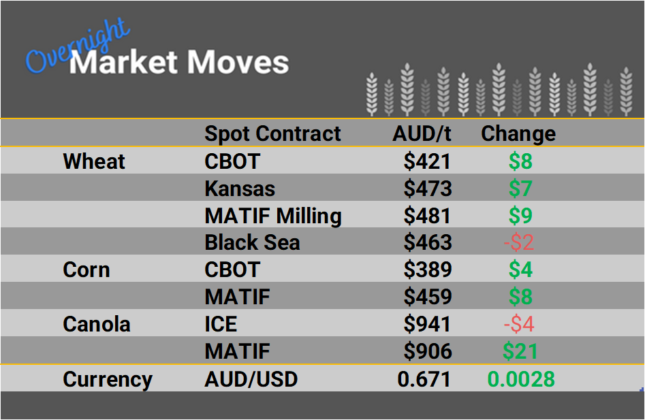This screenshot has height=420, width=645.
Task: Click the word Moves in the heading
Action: (x=238, y=63)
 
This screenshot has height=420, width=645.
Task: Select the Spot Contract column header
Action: (x=272, y=133)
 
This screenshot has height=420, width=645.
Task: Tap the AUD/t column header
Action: (x=422, y=133)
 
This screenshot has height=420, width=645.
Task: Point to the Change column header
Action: (x=518, y=133)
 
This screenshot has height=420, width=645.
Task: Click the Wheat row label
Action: (x=94, y=161)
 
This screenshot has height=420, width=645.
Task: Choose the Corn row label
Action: (x=86, y=270)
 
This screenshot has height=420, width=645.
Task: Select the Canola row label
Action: (x=96, y=324)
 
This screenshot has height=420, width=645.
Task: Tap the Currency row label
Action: (x=108, y=379)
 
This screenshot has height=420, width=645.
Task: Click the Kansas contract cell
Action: (x=240, y=189)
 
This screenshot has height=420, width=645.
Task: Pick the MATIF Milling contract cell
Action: (x=273, y=216)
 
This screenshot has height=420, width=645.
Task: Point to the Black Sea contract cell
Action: (x=252, y=243)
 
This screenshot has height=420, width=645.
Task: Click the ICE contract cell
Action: (x=221, y=324)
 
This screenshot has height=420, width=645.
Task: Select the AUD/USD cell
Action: (x=251, y=379)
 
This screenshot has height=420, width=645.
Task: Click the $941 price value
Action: (x=427, y=324)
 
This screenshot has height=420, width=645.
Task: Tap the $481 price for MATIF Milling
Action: (x=427, y=216)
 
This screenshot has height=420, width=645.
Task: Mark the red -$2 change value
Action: (x=520, y=243)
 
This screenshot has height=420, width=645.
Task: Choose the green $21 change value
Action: (x=520, y=351)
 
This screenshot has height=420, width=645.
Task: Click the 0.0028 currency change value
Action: (x=520, y=379)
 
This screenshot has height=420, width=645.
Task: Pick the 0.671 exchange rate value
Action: (x=424, y=379)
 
